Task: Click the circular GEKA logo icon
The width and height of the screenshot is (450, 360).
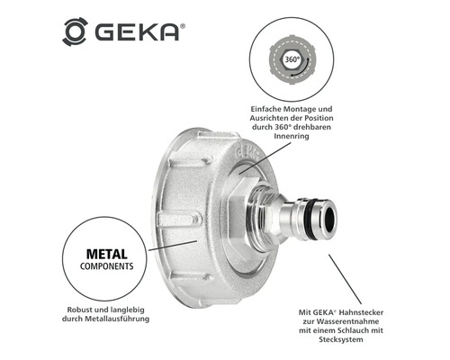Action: point(75,31)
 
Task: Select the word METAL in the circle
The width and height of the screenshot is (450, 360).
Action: point(107,254)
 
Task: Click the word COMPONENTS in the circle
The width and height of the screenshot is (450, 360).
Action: point(107,266)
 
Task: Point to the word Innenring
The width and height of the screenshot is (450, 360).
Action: point(292,136)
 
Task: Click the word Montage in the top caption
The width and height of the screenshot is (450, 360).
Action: point(297,109)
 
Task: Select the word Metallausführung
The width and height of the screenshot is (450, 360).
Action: point(117,319)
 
